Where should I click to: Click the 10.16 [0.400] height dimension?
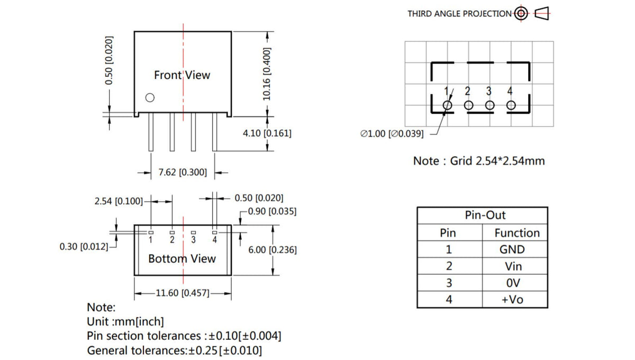click(x=267, y=74)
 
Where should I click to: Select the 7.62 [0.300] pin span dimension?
click(x=183, y=172)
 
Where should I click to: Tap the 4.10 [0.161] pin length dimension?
click(x=267, y=133)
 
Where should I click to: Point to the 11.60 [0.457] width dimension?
click(x=183, y=293)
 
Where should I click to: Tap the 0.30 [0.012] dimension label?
click(x=84, y=247)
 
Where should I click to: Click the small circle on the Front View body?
click(x=150, y=97)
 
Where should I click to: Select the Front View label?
click(x=182, y=75)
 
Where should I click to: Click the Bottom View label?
click(x=182, y=259)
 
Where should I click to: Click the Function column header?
click(x=516, y=233)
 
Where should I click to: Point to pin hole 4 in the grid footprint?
click(x=511, y=105)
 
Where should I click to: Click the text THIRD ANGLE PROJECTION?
click(x=459, y=14)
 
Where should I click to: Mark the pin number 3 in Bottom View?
click(x=193, y=240)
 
